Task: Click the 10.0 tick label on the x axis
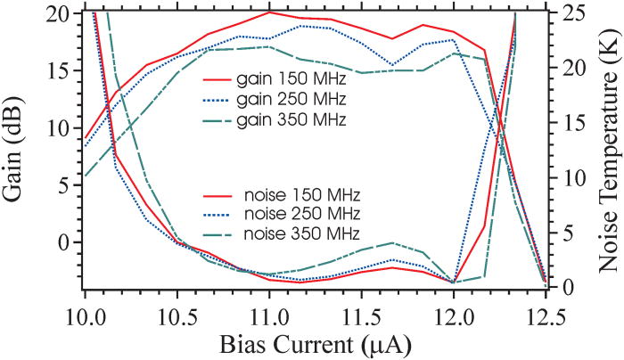point(83,318)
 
